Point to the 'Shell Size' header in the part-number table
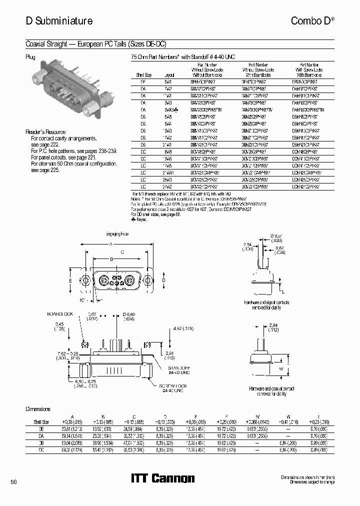coord(141,74)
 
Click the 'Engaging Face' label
coord(118,234)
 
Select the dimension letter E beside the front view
coord(71,281)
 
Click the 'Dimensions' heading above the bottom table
coord(38,409)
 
